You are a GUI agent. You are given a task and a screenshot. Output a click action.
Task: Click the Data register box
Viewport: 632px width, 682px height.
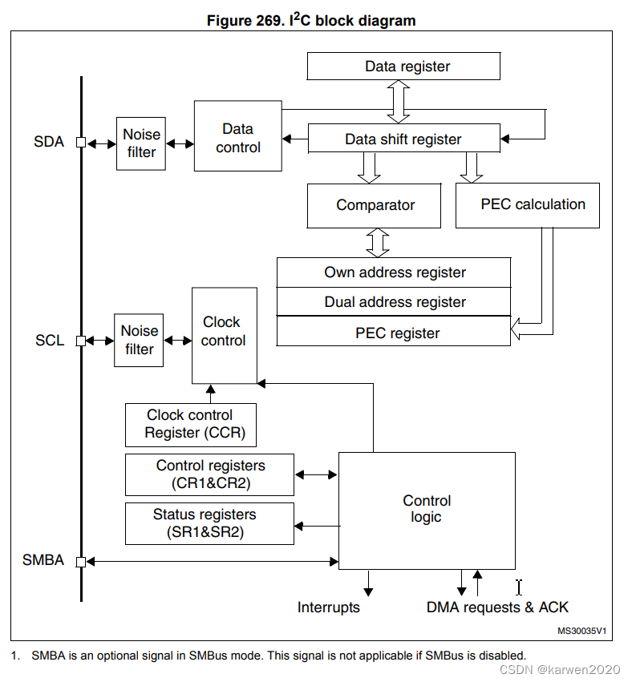(403, 67)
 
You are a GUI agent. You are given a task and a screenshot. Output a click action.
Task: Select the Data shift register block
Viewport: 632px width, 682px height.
(403, 139)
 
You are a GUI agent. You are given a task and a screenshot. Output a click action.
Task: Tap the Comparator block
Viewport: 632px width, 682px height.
(375, 205)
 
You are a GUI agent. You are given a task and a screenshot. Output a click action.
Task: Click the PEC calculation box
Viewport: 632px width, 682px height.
(528, 205)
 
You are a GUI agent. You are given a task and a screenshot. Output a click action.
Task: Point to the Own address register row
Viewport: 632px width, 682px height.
(394, 272)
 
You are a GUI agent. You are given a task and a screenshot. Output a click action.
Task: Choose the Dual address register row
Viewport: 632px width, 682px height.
(394, 302)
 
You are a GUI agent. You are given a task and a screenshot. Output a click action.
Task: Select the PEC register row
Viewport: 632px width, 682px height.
(394, 332)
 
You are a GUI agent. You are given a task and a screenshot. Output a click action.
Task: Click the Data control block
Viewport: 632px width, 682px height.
(237, 136)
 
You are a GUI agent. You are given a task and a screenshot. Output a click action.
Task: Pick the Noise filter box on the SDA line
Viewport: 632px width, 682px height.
(141, 143)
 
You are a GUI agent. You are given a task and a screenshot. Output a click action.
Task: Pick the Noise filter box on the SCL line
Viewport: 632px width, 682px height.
(139, 340)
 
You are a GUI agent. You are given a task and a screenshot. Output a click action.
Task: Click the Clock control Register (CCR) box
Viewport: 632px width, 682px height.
(191, 425)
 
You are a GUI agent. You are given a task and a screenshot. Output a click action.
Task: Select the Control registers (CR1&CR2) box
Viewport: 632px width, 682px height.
(209, 474)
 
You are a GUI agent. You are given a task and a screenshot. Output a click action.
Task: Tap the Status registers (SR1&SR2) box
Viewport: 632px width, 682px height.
(209, 523)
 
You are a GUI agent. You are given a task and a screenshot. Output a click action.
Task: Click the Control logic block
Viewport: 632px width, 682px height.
(427, 510)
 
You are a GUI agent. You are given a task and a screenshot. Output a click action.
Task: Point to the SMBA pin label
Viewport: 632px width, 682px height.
(43, 561)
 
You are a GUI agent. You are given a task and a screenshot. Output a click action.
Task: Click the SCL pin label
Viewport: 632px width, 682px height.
(49, 341)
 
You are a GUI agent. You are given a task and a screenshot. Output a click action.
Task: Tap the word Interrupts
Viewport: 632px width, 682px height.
(328, 607)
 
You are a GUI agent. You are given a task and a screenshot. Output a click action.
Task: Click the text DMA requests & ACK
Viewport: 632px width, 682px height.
(497, 607)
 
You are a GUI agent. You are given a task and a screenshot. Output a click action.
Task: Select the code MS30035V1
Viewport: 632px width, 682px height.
(581, 632)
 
